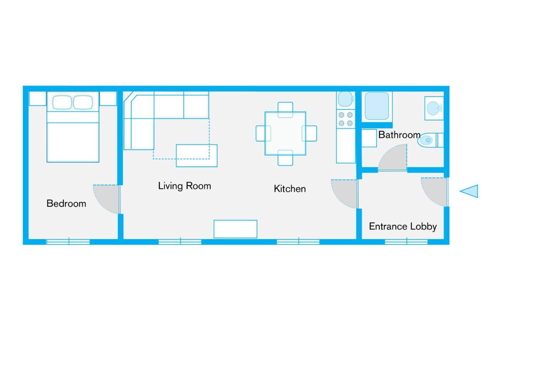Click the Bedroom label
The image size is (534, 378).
[x=66, y=204]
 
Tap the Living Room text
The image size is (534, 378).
[x=184, y=186]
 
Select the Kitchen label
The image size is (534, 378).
[x=290, y=189]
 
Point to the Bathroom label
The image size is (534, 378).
[x=399, y=135]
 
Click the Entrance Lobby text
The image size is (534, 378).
[x=403, y=227]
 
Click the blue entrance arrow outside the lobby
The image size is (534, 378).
[x=470, y=191]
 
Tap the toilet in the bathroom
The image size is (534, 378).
[x=427, y=140]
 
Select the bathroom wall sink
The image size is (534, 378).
[x=434, y=108]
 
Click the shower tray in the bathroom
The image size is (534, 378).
[x=377, y=106]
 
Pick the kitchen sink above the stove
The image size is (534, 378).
[x=346, y=100]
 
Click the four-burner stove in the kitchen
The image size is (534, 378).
[x=346, y=119]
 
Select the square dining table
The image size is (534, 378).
[x=285, y=134]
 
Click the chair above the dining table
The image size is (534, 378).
[x=285, y=108]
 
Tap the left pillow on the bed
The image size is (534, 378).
[x=62, y=102]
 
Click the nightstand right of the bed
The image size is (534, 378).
[x=108, y=99]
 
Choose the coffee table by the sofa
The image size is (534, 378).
[x=196, y=155]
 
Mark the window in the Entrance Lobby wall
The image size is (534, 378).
[x=406, y=241]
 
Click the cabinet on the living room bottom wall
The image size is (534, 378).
[x=235, y=229]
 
